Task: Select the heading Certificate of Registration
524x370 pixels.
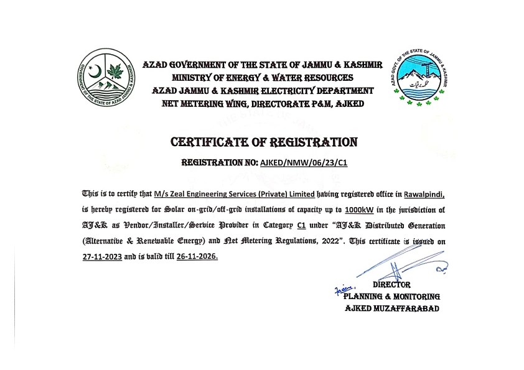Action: [264, 142]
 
